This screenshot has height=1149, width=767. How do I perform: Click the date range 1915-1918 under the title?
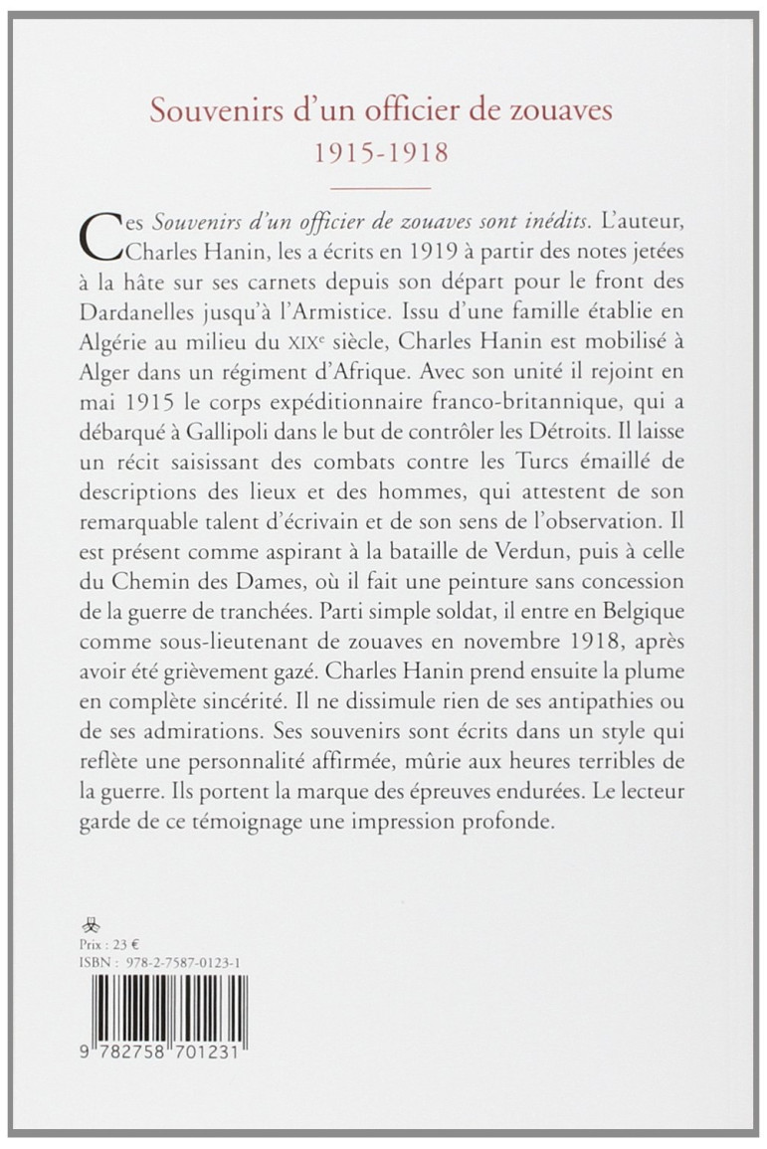click(382, 154)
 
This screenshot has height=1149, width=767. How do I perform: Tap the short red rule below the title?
click(382, 187)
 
